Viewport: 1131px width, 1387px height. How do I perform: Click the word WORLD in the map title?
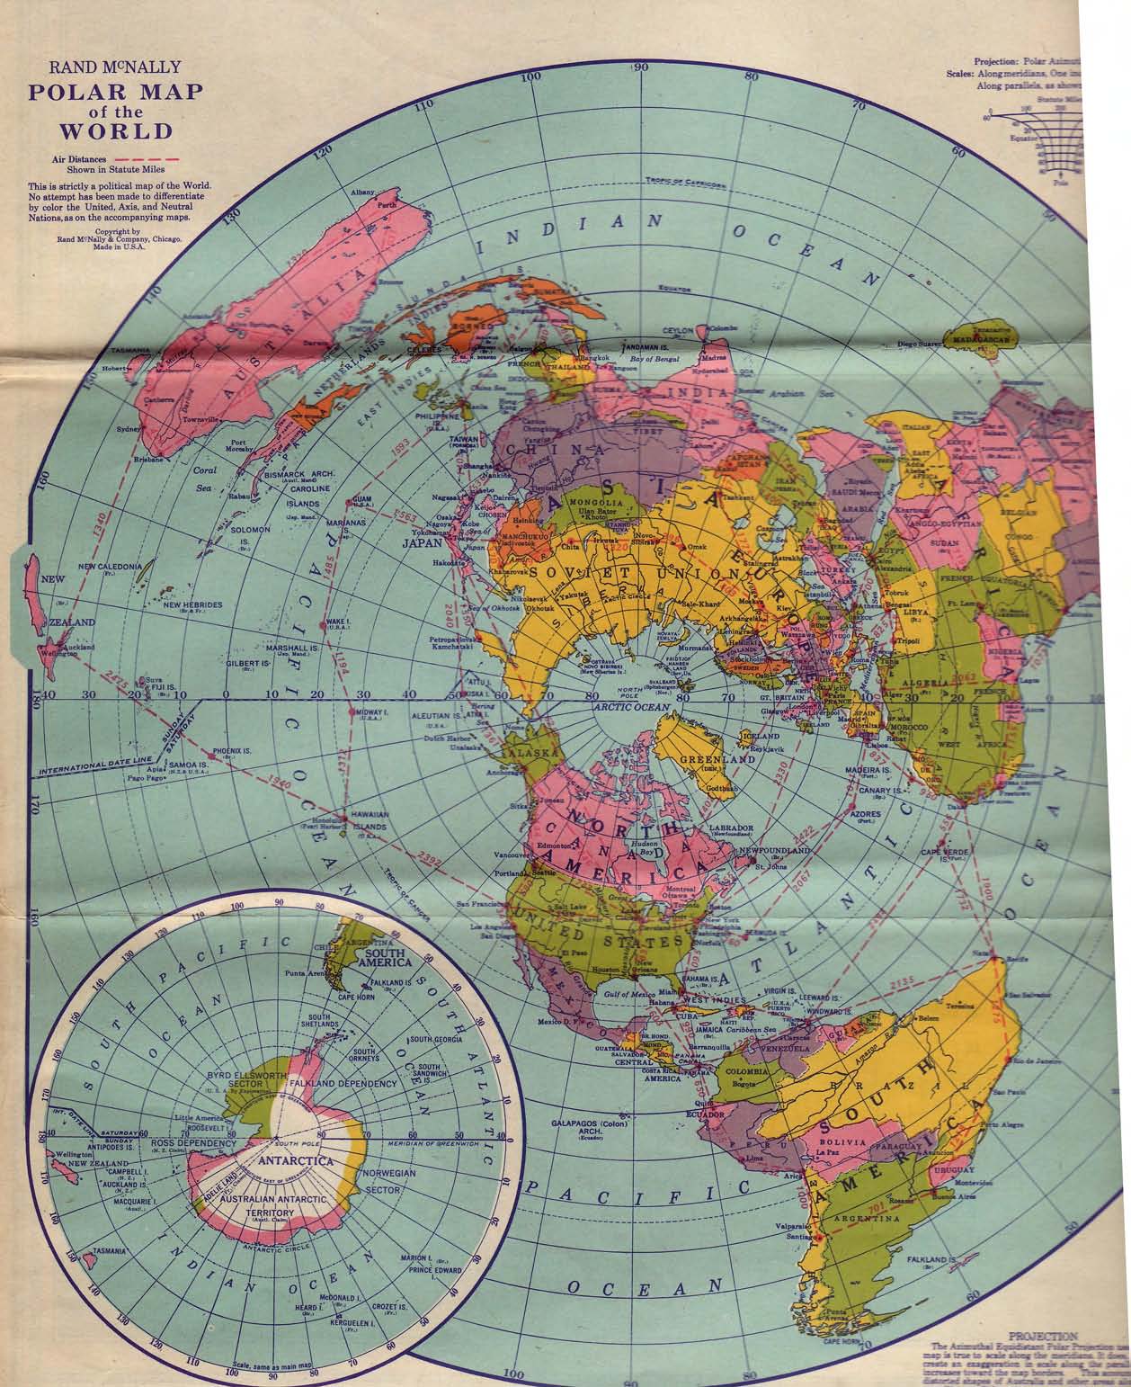(115, 130)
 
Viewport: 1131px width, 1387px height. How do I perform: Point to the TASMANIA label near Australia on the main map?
(131, 350)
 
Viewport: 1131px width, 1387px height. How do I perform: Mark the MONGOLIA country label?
(594, 500)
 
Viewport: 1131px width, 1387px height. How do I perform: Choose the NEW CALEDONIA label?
(110, 566)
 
